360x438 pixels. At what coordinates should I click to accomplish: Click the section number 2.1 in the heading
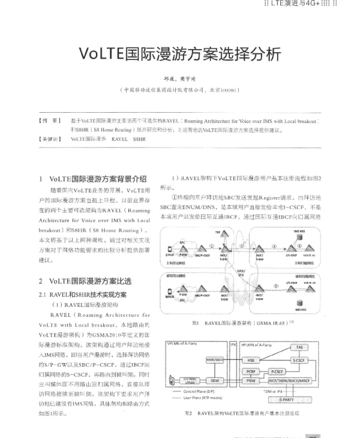point(43,294)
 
